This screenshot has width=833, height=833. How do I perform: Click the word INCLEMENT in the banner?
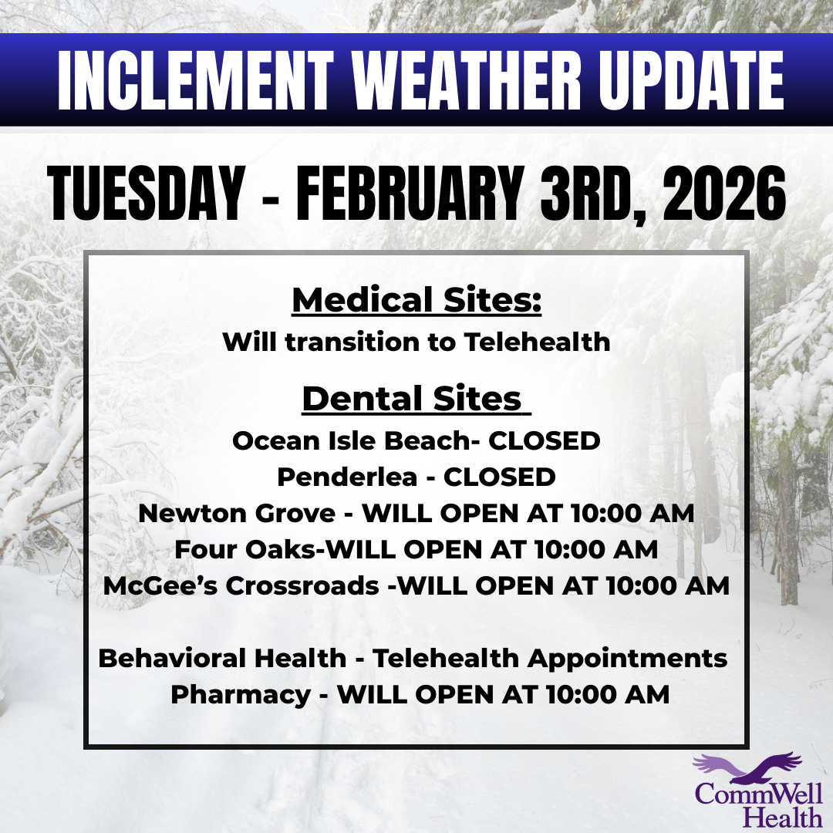click(195, 81)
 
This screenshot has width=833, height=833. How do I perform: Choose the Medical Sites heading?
click(416, 300)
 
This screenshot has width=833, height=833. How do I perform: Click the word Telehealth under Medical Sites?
click(537, 342)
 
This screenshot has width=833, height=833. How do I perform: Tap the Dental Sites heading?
click(416, 399)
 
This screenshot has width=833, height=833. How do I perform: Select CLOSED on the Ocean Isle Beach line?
click(545, 441)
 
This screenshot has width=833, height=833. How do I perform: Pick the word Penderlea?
click(347, 477)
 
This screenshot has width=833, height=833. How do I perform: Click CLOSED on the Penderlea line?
click(499, 477)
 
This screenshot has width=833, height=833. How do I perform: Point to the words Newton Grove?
click(237, 513)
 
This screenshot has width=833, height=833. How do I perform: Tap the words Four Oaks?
click(245, 549)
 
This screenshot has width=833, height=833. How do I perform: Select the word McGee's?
click(160, 585)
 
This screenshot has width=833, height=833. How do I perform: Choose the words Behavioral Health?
click(223, 658)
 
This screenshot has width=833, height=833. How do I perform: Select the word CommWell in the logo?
click(759, 794)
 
